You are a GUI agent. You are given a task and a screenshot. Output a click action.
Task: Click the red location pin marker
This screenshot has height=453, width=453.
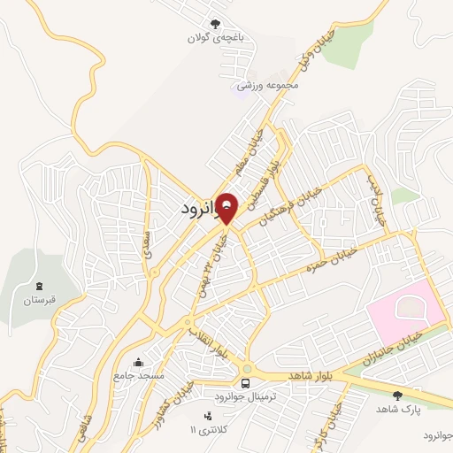(x=227, y=208)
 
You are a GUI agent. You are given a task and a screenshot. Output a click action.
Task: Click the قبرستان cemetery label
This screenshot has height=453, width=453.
(x=39, y=300)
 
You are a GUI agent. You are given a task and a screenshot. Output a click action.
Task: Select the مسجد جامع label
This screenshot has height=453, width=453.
(x=139, y=376)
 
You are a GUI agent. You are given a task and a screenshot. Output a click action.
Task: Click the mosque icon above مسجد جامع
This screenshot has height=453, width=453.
(x=138, y=362)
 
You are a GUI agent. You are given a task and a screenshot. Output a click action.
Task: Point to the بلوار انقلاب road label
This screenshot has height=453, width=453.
(x=210, y=342)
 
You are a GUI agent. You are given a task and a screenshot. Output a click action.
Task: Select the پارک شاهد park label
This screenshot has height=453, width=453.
(x=396, y=409)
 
